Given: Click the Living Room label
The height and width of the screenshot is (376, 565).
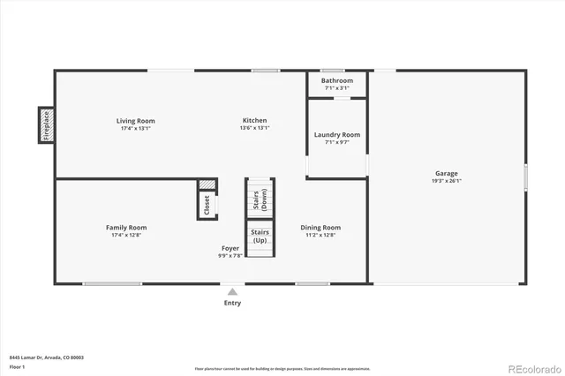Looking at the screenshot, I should click(x=135, y=121).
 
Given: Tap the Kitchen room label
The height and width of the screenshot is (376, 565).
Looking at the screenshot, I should click(x=254, y=121).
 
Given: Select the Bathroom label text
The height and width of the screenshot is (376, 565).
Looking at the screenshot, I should click(x=336, y=80).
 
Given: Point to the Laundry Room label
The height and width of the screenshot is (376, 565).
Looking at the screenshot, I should click(x=336, y=135).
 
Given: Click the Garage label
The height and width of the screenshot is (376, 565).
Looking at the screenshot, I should click(x=446, y=173).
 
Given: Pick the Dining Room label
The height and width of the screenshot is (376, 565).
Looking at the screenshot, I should click(x=322, y=227).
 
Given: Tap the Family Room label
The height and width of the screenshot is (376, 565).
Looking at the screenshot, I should click(x=126, y=227).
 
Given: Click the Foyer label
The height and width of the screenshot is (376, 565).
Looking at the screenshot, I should click(x=230, y=248).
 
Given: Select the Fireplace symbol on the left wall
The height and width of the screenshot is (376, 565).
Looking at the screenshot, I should click(x=46, y=124).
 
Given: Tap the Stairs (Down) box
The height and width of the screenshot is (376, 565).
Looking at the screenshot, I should click(x=260, y=199).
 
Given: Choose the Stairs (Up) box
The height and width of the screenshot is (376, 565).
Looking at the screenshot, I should click(x=260, y=237).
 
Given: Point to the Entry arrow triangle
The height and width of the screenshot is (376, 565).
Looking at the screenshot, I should click(x=232, y=291).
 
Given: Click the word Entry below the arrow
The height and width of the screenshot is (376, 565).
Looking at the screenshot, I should click(x=232, y=303).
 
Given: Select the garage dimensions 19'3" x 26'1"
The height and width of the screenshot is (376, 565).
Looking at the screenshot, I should click(x=446, y=181).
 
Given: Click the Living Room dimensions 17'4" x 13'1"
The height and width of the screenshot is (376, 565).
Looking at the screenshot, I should click(x=135, y=129).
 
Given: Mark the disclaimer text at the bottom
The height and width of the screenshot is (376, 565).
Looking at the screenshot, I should click(x=282, y=369).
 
